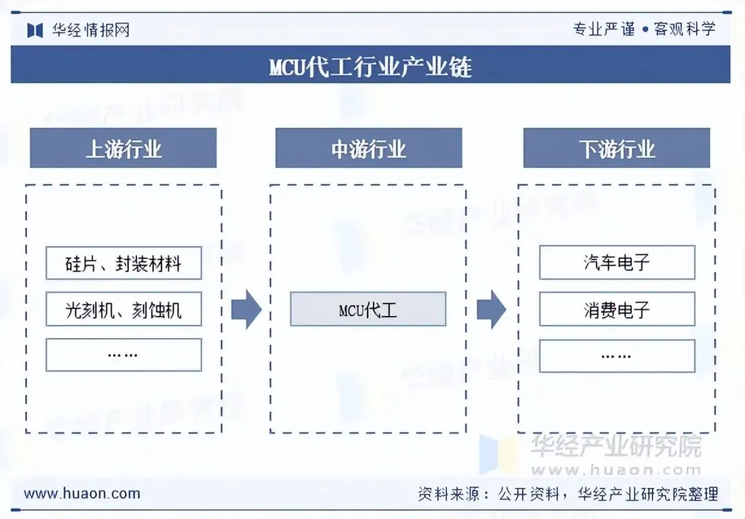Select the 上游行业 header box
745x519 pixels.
pyautogui.click(x=123, y=148)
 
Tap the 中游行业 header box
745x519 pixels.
pyautogui.click(x=368, y=148)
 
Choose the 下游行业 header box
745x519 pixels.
pyautogui.click(x=616, y=148)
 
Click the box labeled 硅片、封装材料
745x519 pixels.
pyautogui.click(x=123, y=263)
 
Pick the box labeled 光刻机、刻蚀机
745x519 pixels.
pyautogui.click(x=123, y=309)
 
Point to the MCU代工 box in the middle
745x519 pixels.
pyautogui.click(x=368, y=309)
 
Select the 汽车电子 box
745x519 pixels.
pyautogui.click(x=617, y=262)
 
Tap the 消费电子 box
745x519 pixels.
pyautogui.click(x=617, y=309)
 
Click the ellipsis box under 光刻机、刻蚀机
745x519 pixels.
pyautogui.click(x=123, y=355)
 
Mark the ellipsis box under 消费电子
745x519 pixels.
pyautogui.click(x=617, y=355)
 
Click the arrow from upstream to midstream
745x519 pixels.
pyautogui.click(x=246, y=309)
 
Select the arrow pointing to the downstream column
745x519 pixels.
pyautogui.click(x=491, y=309)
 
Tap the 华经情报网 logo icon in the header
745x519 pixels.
pyautogui.click(x=35, y=30)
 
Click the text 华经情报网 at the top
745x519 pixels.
pyautogui.click(x=90, y=30)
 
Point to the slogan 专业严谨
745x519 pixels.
pyautogui.click(x=604, y=29)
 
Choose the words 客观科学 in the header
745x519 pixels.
pyautogui.click(x=684, y=29)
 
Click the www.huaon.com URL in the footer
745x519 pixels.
pyautogui.click(x=82, y=493)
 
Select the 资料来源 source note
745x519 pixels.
pyautogui.click(x=568, y=494)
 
